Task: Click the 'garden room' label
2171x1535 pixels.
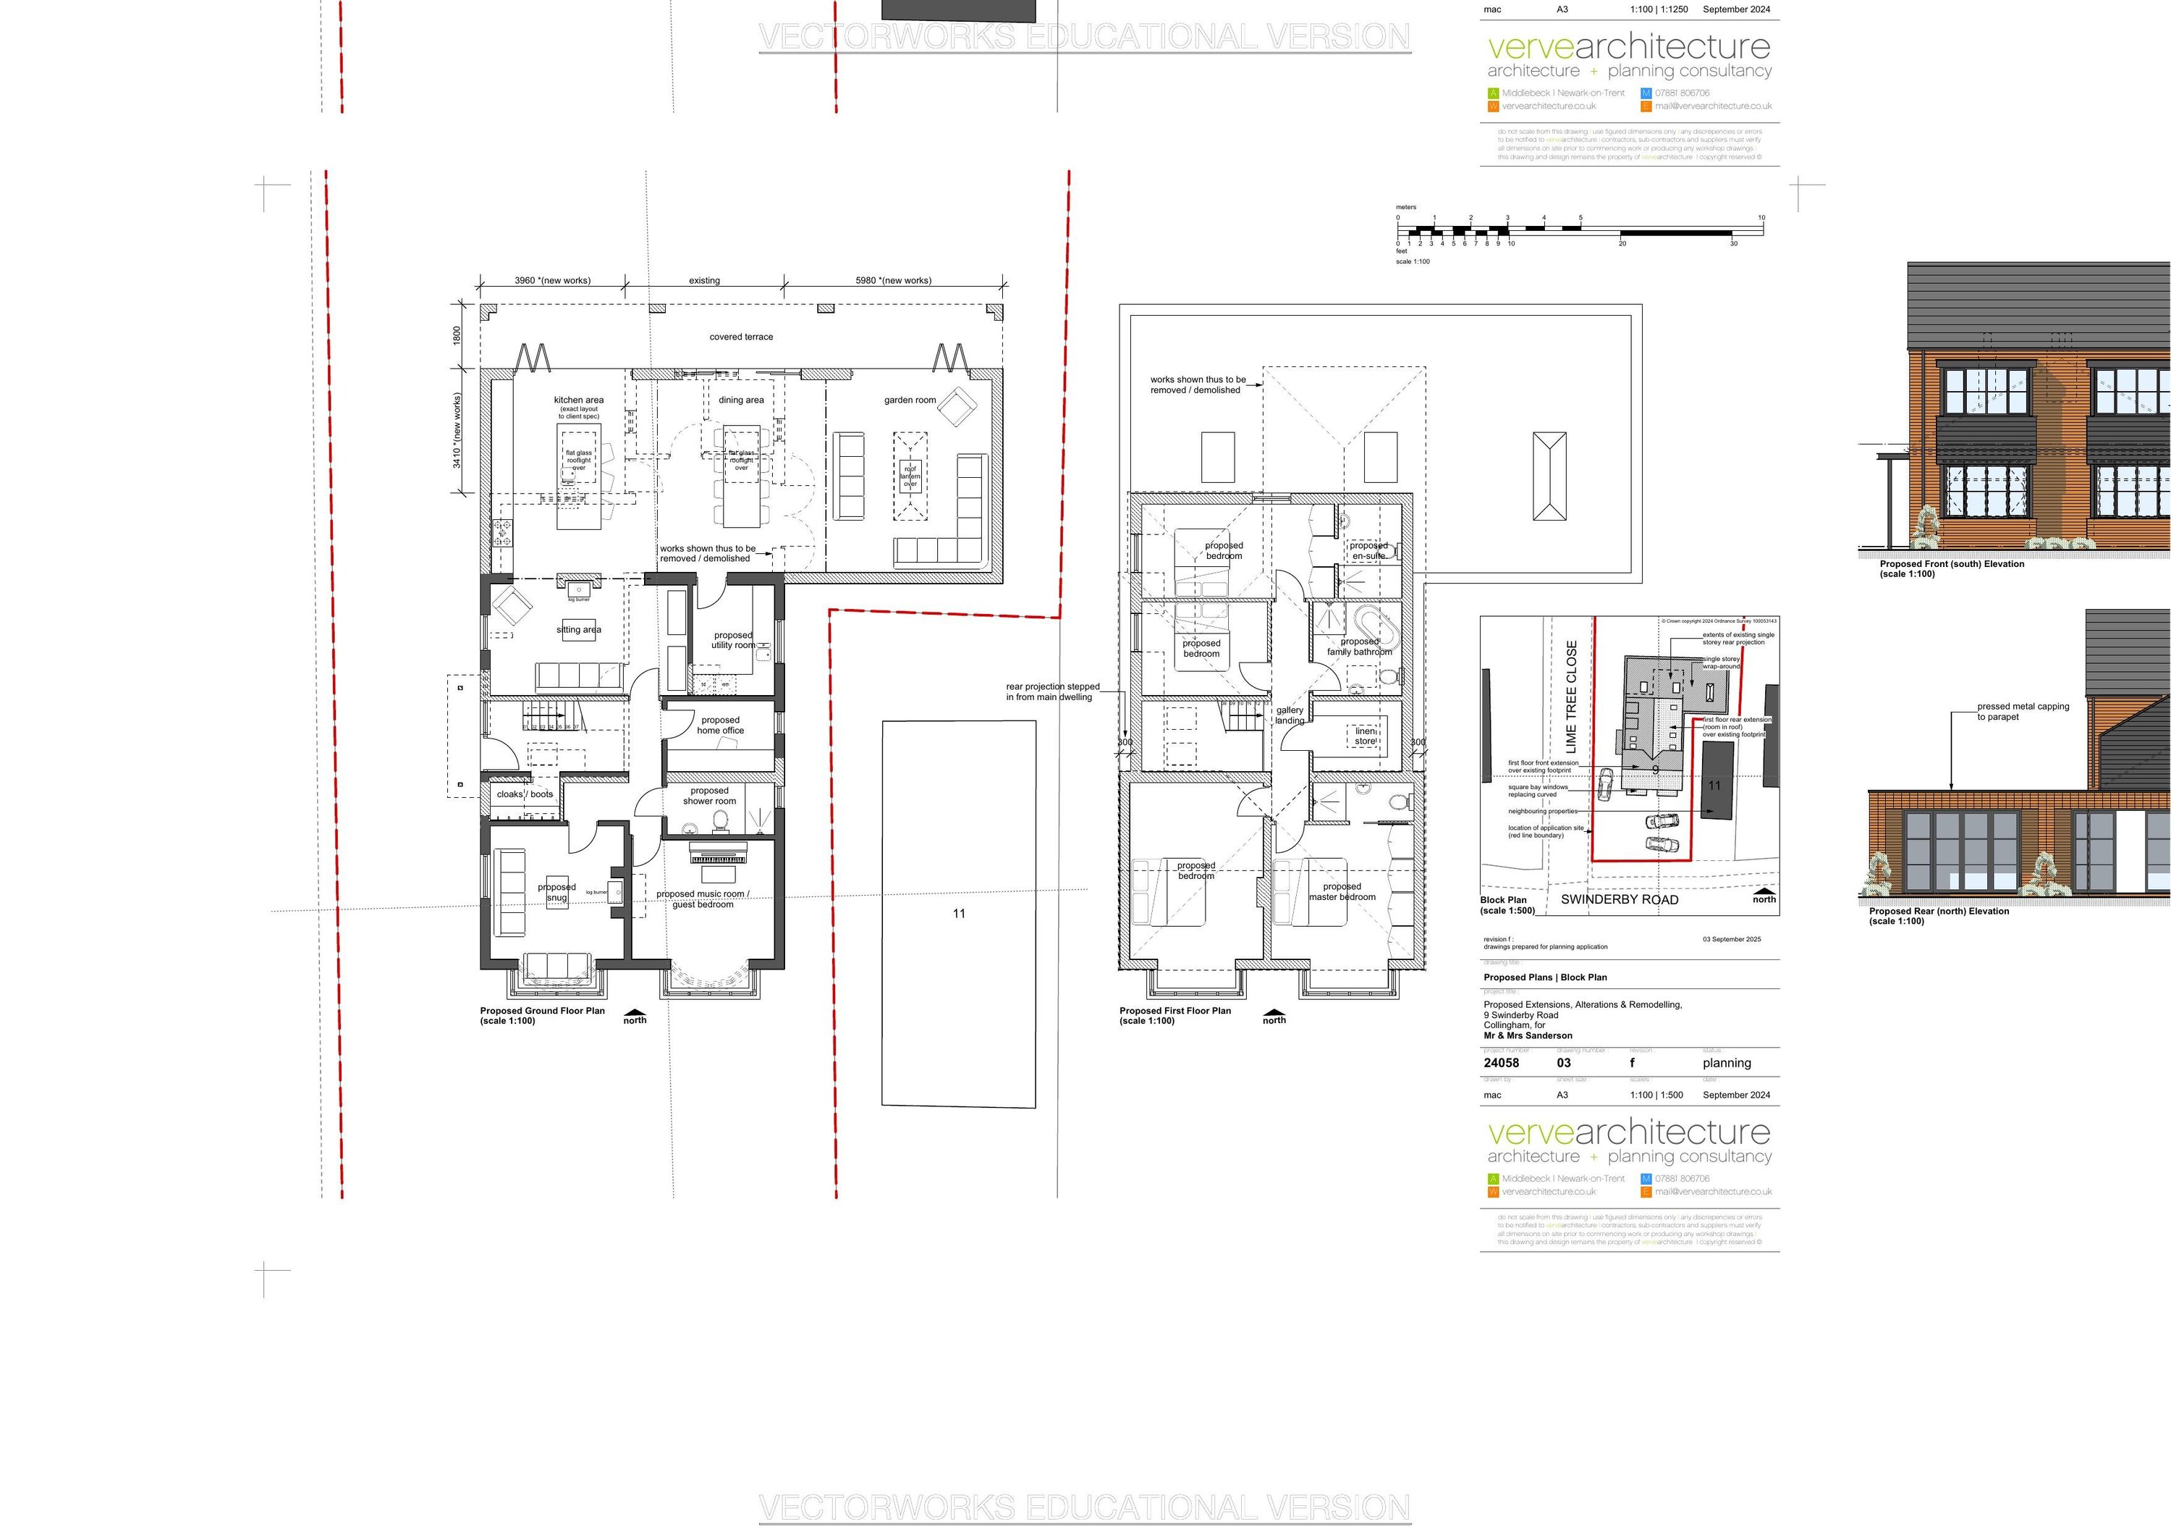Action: click(910, 400)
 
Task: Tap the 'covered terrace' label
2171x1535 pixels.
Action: click(741, 337)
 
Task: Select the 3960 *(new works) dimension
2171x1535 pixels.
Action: click(552, 281)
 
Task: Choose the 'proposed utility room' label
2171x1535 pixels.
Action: click(733, 640)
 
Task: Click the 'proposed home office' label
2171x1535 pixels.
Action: click(721, 726)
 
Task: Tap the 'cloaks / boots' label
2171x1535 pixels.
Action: click(525, 794)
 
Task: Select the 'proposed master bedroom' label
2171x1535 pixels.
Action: click(1342, 892)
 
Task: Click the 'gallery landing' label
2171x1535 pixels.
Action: click(1290, 715)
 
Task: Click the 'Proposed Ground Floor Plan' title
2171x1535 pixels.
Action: click(542, 1011)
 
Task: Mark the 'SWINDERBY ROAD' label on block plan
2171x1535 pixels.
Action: click(1619, 899)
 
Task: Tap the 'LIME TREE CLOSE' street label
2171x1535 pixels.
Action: click(1572, 697)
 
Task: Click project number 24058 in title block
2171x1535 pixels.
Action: click(1502, 1063)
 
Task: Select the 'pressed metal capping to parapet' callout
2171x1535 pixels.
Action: click(2023, 711)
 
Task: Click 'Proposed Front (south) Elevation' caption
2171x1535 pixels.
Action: click(1952, 564)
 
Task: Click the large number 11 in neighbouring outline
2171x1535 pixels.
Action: click(959, 914)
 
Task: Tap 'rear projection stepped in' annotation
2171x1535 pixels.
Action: click(1051, 691)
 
